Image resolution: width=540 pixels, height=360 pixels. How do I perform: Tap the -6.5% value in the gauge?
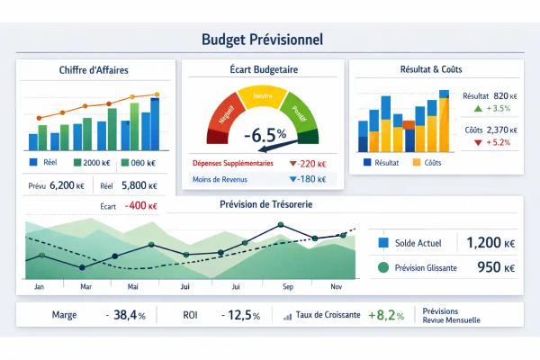point(265,135)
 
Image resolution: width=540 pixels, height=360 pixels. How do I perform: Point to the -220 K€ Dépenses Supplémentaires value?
point(308,164)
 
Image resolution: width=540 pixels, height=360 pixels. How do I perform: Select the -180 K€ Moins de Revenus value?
point(308,179)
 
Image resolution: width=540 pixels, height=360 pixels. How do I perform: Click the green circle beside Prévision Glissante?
point(384,267)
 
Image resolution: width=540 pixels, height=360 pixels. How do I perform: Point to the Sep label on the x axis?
point(288,286)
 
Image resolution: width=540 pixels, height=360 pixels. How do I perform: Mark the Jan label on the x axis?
point(39,286)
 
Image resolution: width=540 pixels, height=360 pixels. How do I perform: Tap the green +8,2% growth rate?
point(389,316)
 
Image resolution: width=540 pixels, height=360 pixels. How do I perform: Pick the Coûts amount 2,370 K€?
point(500,130)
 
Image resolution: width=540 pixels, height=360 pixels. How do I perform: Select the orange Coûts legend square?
point(417,163)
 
